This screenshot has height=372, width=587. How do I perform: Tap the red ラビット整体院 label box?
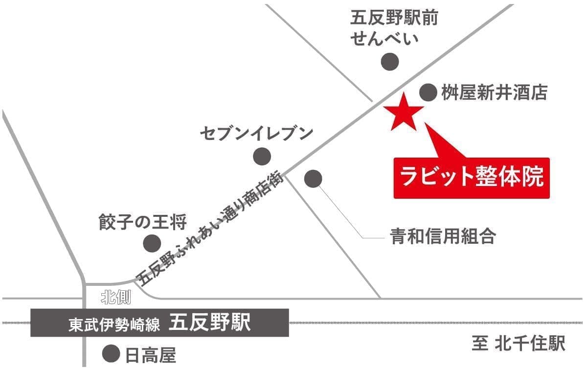472,178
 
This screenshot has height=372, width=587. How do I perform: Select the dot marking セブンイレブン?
262,156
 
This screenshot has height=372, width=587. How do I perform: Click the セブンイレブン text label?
256,133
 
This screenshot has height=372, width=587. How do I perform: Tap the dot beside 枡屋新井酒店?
428,92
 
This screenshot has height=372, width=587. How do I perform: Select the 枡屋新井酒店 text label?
494,93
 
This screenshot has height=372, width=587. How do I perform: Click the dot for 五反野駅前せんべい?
390,62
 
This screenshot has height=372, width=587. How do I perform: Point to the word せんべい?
385,39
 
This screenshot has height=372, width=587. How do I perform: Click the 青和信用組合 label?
443,237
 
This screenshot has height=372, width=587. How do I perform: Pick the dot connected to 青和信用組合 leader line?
313,179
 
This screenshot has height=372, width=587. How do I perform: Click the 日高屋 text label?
151,355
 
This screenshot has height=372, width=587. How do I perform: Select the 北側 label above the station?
115,297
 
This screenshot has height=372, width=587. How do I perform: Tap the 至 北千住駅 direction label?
518,344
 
